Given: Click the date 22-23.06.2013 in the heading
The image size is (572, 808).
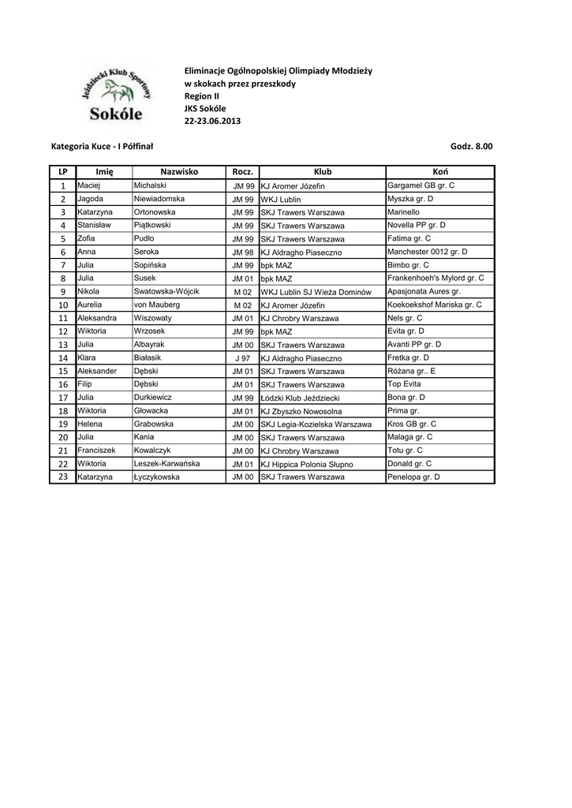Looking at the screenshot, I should (213, 121).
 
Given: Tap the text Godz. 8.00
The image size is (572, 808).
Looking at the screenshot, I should (471, 147).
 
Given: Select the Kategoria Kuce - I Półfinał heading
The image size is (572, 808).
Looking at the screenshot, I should (102, 147).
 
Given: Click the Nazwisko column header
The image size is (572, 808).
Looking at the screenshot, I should (179, 172).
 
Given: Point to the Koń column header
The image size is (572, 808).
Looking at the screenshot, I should (439, 172).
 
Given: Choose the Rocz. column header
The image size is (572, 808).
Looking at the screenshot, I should (242, 172).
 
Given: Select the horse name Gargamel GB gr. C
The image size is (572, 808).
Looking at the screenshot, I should (421, 185).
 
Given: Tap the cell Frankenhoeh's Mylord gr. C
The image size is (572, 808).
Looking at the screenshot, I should (436, 279).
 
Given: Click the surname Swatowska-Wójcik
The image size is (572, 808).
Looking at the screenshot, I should (166, 291).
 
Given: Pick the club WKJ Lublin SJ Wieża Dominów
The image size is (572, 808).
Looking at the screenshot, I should (316, 292).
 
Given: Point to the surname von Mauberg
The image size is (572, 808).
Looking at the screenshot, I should (157, 305).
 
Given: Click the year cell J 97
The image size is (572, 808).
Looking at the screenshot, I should (242, 358).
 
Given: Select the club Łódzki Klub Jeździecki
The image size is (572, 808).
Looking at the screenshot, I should (304, 398).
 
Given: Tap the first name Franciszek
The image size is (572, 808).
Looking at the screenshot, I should (96, 451).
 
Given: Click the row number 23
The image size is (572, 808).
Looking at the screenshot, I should (63, 477).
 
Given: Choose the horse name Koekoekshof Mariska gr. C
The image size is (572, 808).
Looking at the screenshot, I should (435, 305).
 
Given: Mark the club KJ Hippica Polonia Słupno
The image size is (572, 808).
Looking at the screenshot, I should (307, 464).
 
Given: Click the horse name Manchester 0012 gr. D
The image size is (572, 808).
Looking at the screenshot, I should (428, 252).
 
